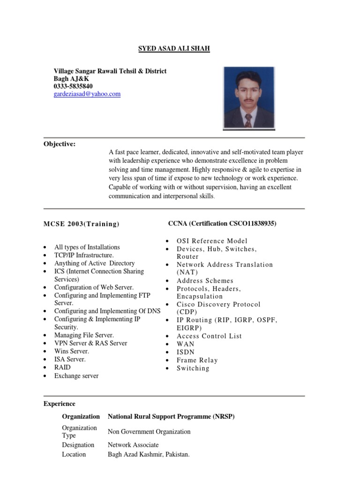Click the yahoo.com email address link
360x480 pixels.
87,94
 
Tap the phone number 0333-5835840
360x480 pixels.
73,86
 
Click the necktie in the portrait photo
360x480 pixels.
248,120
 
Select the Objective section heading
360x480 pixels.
60,144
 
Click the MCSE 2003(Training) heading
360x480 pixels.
82,224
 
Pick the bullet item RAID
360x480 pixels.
62,367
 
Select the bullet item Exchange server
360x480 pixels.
76,376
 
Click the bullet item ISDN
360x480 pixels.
186,352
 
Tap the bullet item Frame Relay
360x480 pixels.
197,360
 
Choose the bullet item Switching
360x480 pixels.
193,368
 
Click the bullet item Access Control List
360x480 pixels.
209,336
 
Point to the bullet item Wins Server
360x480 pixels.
71,351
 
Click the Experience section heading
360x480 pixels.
60,404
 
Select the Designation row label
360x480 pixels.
78,445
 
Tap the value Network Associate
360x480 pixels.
133,445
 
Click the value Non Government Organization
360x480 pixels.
149,432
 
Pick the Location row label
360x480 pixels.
74,454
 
